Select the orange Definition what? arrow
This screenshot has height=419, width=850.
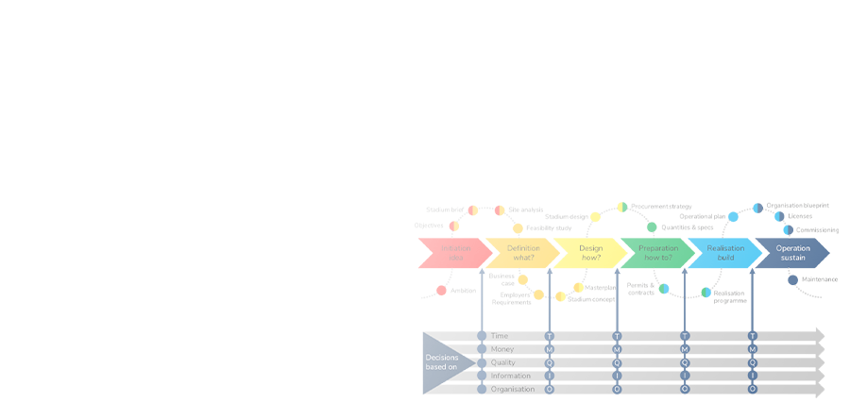point(521,253)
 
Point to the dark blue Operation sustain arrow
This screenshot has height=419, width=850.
point(792,253)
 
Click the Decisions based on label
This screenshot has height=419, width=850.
point(441,361)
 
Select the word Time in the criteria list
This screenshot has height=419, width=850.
point(501,335)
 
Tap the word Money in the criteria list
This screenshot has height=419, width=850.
point(503,349)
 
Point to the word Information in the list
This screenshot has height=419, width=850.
point(511,376)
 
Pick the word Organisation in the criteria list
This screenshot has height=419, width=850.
point(513,389)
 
